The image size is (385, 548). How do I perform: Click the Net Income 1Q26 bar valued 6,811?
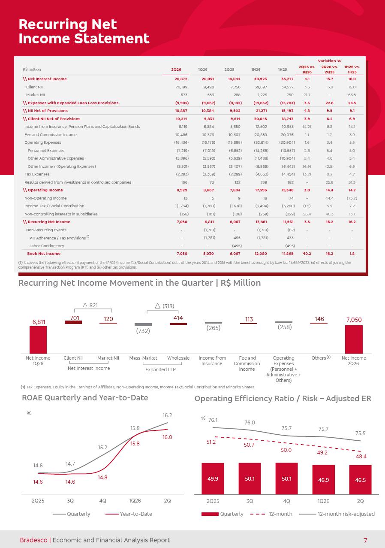(x=38, y=340)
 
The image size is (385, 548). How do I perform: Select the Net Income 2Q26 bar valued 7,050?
(x=354, y=339)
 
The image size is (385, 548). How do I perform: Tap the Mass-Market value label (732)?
(x=143, y=331)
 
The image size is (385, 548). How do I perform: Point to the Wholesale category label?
(x=178, y=358)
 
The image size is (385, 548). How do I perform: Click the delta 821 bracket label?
(x=90, y=305)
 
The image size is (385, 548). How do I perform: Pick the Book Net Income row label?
(x=44, y=254)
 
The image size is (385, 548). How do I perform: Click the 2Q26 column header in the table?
(x=176, y=70)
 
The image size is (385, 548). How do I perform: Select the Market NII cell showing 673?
(x=184, y=95)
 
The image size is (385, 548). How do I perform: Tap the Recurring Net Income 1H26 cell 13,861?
(x=261, y=222)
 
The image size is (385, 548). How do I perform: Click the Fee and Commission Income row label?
(x=51, y=135)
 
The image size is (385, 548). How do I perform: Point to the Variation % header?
(x=329, y=61)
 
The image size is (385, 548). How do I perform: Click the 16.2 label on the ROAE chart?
(x=168, y=415)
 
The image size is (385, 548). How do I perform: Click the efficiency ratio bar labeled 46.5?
(x=360, y=479)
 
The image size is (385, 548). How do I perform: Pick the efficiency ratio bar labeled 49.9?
(x=213, y=478)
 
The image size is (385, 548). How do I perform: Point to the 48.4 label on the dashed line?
(x=361, y=456)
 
